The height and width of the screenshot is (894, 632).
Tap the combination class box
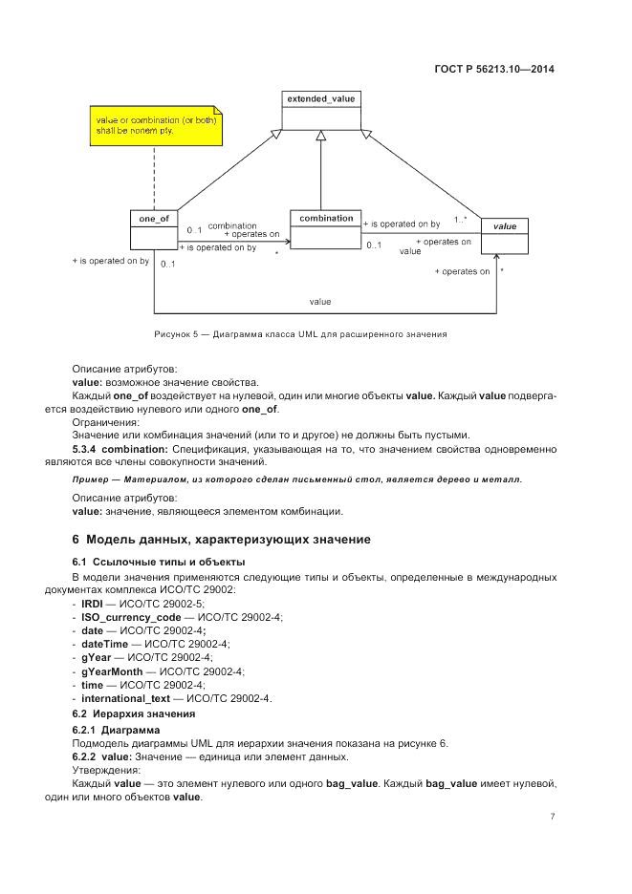[x=325, y=229]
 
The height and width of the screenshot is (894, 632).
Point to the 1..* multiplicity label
[x=460, y=220]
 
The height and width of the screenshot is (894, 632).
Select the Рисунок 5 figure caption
[x=300, y=334]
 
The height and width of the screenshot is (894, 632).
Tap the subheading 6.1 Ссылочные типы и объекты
[x=145, y=562]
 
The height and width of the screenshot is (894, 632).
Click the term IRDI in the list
[x=92, y=605]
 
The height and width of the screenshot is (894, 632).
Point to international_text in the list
[x=126, y=698]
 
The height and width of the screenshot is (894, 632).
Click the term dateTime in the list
[x=103, y=645]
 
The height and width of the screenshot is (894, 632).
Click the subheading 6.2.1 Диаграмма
[x=117, y=730]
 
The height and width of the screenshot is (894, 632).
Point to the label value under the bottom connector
[x=320, y=302]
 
